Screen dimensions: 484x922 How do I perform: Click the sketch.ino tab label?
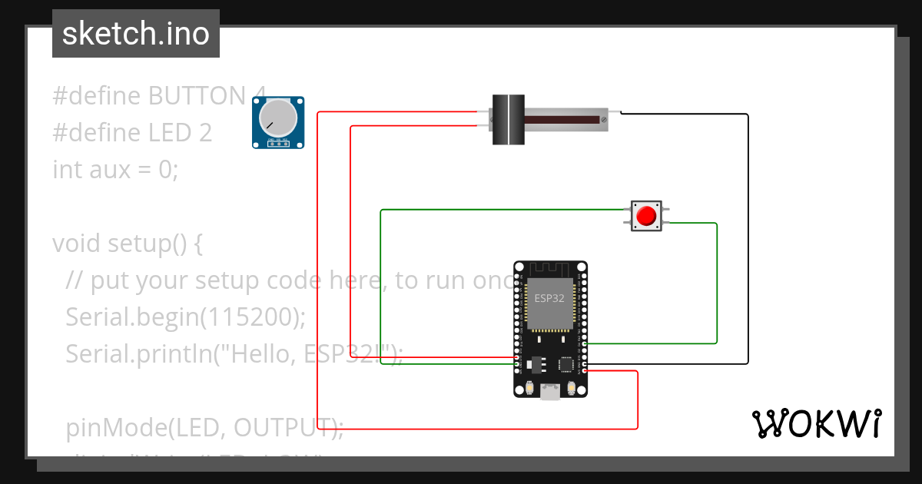[135, 34]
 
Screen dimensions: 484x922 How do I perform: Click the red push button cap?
[646, 215]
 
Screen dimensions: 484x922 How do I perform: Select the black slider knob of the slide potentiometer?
[507, 120]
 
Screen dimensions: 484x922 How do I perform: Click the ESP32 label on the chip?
[549, 297]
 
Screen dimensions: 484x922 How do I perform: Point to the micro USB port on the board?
[550, 392]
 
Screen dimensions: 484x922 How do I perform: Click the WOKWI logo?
[816, 424]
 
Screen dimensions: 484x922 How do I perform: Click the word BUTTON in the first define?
[197, 96]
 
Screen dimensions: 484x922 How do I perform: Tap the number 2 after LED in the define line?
[204, 132]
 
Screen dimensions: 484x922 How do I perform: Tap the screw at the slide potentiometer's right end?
[605, 119]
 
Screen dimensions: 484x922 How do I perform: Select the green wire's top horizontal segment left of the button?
[499, 210]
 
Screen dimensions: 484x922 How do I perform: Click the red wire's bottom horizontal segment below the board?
[476, 428]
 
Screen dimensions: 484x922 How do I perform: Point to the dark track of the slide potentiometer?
[561, 120]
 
